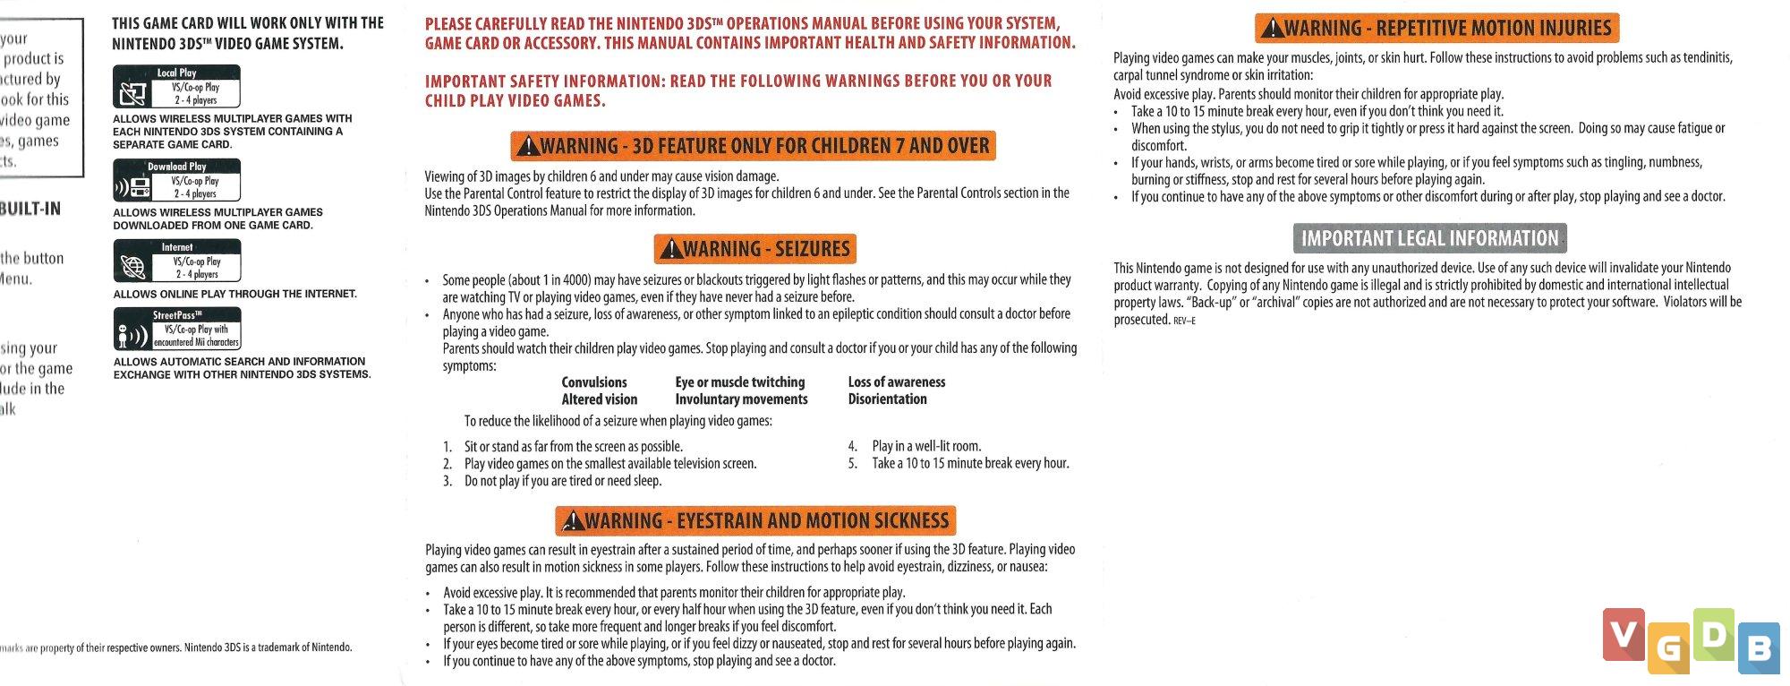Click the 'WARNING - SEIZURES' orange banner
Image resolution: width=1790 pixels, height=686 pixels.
point(755,249)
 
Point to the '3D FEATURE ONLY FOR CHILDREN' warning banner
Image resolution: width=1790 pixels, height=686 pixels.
point(753,146)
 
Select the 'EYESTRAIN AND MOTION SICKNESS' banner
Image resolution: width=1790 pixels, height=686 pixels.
point(755,521)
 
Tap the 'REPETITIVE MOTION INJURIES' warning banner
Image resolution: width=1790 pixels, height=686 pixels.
point(1436,28)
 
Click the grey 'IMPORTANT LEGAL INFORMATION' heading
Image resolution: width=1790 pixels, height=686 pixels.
point(1429,238)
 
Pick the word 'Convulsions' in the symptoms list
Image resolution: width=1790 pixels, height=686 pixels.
point(594,382)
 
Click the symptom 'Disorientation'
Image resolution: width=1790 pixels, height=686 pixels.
point(887,399)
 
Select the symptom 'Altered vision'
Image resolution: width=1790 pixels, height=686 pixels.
point(600,399)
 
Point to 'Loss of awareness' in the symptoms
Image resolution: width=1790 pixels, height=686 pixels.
point(896,382)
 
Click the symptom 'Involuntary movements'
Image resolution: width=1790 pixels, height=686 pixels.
point(741,399)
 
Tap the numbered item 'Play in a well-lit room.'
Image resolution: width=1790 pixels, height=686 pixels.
point(926,446)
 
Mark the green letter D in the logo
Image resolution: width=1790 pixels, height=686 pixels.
point(1713,635)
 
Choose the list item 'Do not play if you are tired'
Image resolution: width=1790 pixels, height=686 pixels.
point(562,481)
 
